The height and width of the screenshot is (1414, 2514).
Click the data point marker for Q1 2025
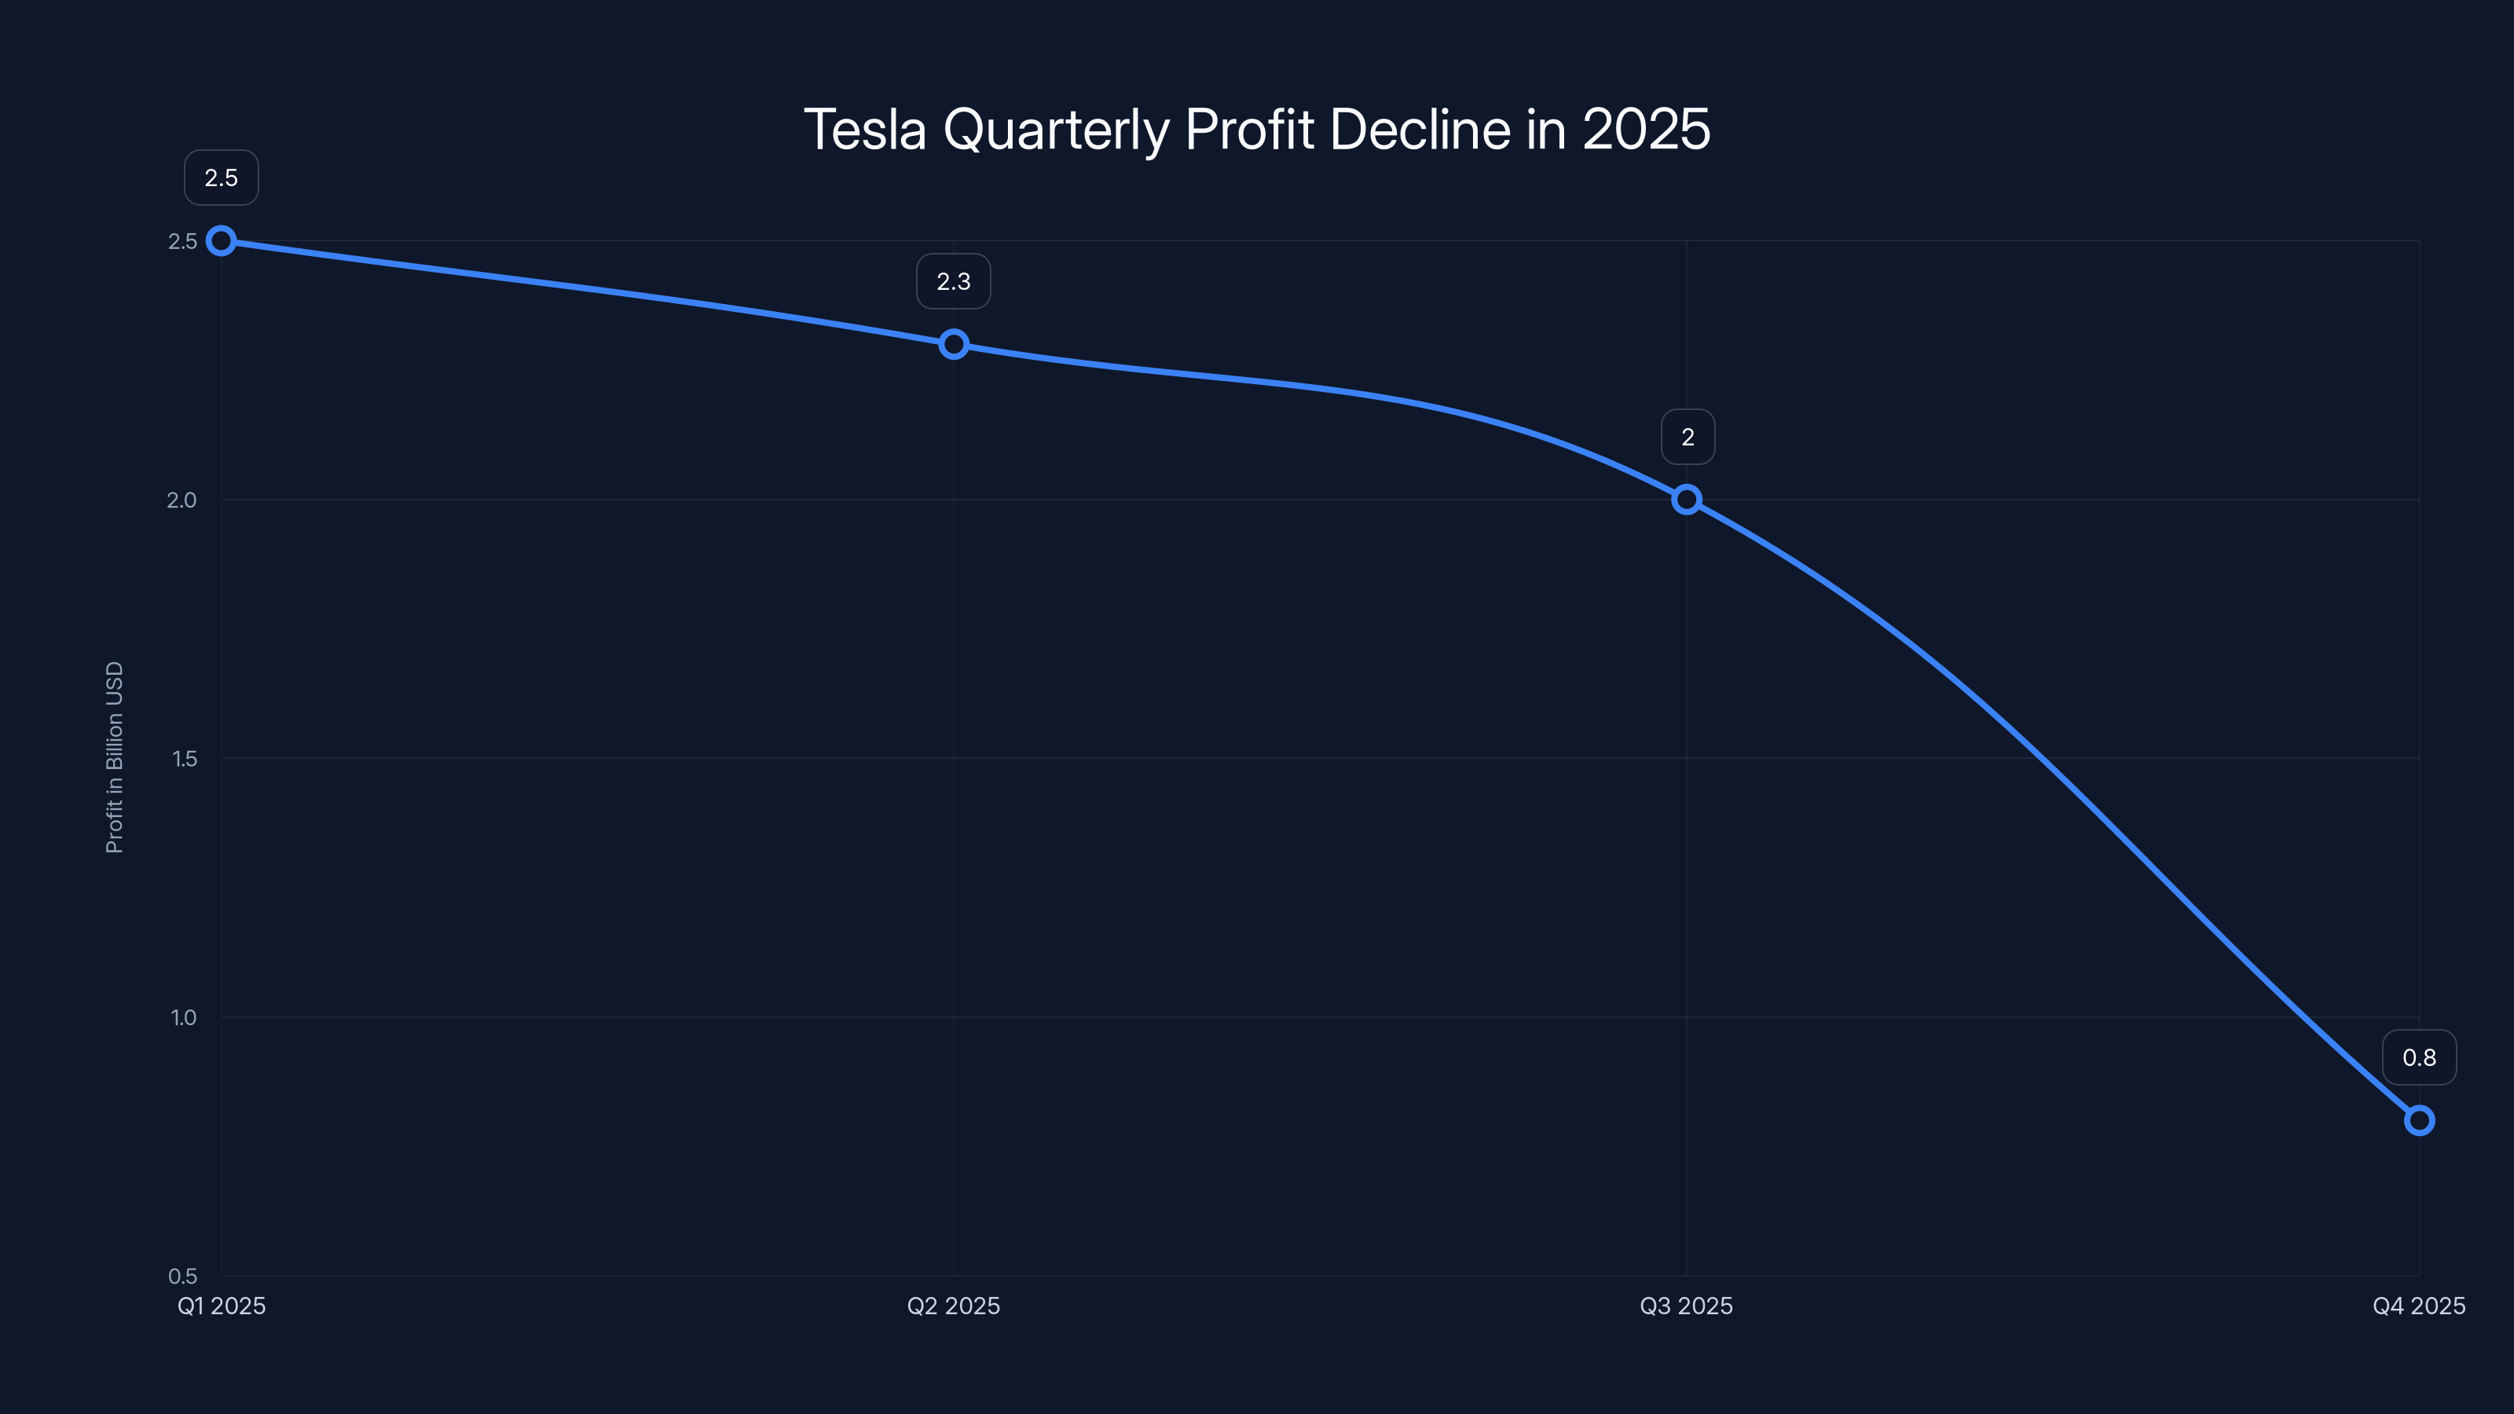tap(222, 240)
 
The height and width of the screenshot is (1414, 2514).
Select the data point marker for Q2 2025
tap(954, 345)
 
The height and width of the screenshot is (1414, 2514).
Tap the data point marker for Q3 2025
tap(1687, 500)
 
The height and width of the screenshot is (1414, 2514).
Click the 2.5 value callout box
tap(222, 178)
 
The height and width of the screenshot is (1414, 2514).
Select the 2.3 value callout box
tap(954, 281)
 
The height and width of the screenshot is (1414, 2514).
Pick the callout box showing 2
tap(1688, 438)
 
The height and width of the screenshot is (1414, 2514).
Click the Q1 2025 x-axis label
tap(222, 1306)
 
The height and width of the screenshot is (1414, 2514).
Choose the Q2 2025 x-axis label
tap(954, 1306)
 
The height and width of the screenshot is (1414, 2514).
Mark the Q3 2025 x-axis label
tap(1687, 1306)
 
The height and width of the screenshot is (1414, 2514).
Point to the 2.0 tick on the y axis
tap(181, 500)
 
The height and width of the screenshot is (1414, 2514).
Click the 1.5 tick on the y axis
tap(184, 758)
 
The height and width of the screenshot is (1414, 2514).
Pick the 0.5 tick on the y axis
tap(182, 1277)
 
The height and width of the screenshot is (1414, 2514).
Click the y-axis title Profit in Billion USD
tap(114, 757)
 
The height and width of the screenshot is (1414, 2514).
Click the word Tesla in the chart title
tap(865, 130)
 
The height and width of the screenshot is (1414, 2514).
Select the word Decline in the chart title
tap(1420, 130)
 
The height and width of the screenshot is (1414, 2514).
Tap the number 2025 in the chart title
tap(1647, 130)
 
